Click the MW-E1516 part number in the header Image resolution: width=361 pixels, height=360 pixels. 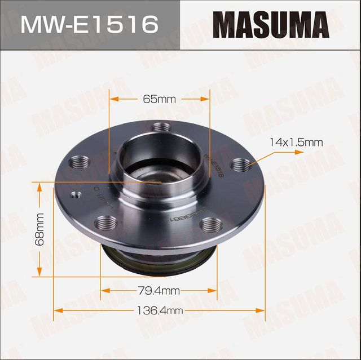(x=90, y=25)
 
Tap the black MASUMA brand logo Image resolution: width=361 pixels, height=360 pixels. (x=270, y=25)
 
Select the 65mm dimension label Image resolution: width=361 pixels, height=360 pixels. (x=159, y=99)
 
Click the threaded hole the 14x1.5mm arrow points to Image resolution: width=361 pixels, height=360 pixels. (x=241, y=165)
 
